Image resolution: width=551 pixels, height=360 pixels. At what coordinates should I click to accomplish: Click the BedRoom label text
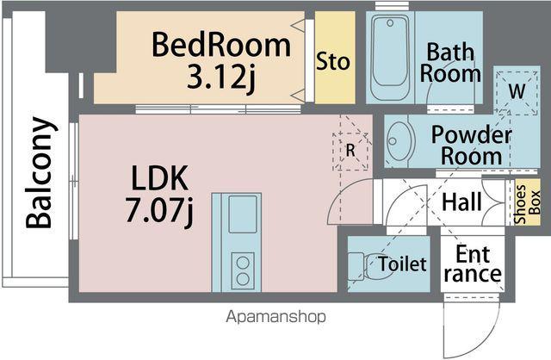221,45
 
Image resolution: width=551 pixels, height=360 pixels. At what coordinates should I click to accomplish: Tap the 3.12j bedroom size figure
220,78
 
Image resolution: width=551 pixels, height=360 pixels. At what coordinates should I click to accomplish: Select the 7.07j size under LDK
159,210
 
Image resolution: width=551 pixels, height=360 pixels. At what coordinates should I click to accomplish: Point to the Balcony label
40,173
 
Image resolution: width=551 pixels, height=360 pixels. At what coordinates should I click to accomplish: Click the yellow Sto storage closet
335,58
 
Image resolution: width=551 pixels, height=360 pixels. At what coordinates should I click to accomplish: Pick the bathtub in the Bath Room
390,57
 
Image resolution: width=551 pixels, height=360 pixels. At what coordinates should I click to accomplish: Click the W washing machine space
517,93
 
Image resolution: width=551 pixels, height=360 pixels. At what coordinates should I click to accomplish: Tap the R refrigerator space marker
350,152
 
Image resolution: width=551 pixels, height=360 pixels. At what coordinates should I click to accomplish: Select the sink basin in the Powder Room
398,141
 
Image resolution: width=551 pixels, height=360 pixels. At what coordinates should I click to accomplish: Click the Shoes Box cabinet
528,202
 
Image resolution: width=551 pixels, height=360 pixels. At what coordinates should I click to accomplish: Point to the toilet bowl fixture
365,266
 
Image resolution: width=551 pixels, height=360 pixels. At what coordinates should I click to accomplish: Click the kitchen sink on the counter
243,214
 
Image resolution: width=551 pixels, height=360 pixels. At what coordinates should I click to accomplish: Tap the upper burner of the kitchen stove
243,263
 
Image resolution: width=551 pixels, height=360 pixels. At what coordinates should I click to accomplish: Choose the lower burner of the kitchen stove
243,279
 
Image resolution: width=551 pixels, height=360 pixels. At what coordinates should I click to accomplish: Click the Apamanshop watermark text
275,317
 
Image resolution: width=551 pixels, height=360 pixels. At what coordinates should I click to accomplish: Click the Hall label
461,202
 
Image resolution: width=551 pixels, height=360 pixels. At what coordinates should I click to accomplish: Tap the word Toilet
402,264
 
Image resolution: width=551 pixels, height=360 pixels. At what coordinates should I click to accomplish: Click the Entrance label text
473,264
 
